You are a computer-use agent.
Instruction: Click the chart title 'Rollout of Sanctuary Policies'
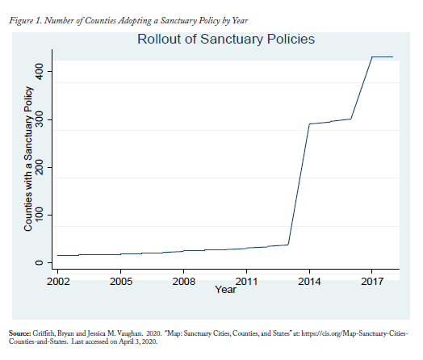tap(226, 39)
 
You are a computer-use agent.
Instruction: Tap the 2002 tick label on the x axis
tap(58, 282)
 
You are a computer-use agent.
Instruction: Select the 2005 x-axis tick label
tap(121, 282)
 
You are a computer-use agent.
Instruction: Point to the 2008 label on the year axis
tap(184, 282)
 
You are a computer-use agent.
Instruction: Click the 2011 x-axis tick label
tap(246, 282)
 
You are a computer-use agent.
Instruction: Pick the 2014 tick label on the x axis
tap(309, 282)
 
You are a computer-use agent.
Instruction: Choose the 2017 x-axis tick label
tap(372, 282)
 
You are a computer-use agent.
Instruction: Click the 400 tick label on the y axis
tap(39, 72)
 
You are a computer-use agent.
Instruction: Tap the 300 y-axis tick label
tap(39, 119)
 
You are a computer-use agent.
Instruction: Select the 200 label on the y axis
tap(39, 167)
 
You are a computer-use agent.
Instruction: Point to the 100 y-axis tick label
tap(39, 215)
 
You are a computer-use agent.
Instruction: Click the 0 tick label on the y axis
tap(39, 262)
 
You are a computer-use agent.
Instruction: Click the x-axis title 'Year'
tap(225, 290)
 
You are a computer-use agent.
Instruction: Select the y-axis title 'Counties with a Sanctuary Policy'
tap(28, 159)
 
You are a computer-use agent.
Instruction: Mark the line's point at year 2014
tap(309, 124)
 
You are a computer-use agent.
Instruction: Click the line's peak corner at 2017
tap(372, 57)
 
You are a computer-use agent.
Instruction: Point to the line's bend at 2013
tap(288, 245)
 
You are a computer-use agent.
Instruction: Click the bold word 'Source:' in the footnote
tap(19, 333)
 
